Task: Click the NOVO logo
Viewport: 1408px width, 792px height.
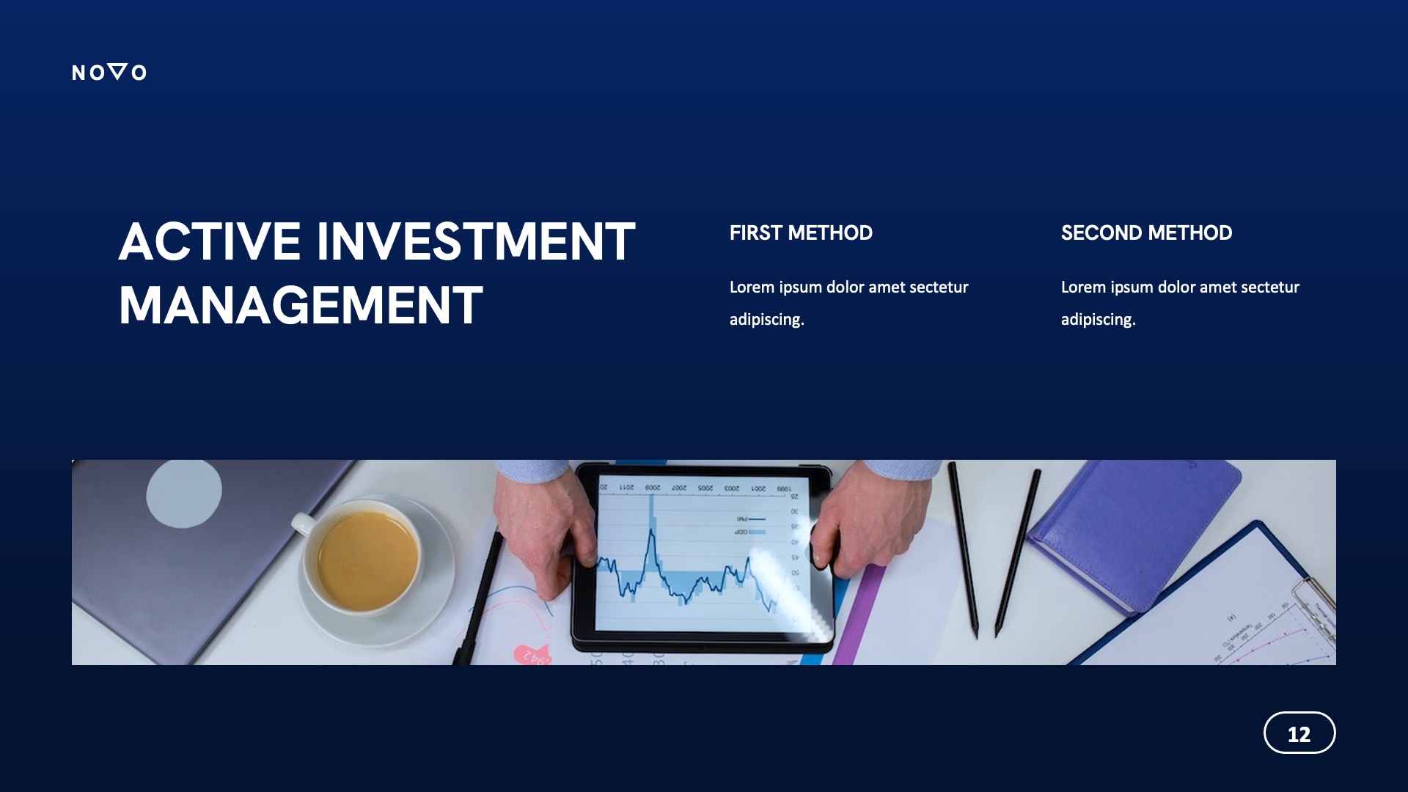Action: [x=109, y=72]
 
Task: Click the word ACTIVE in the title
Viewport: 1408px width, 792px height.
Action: [x=210, y=242]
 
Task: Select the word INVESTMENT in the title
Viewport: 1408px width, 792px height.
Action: [x=475, y=242]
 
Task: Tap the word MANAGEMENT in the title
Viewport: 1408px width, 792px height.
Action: [x=301, y=306]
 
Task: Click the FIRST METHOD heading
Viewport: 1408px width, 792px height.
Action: [x=801, y=233]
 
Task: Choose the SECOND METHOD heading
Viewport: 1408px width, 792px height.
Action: [x=1146, y=233]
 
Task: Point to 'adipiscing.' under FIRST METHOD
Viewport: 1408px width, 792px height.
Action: [x=766, y=320]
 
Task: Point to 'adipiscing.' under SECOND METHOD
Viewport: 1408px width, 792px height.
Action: [x=1098, y=320]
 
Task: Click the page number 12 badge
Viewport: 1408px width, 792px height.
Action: [x=1299, y=733]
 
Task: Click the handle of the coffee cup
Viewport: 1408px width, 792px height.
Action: [x=303, y=524]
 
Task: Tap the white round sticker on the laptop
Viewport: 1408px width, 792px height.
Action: [x=184, y=494]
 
